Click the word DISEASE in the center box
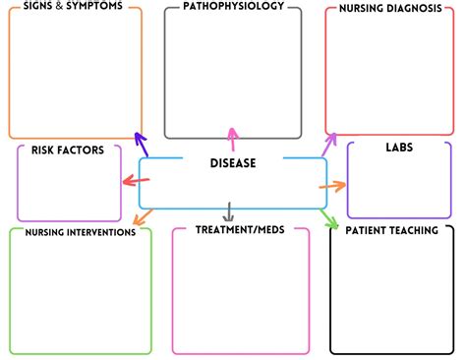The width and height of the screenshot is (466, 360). tap(233, 163)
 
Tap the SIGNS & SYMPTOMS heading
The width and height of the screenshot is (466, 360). tap(73, 6)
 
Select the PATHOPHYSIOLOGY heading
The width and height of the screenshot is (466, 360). tap(233, 6)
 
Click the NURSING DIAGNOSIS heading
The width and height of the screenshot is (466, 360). tap(390, 8)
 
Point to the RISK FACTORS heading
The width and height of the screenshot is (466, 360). tap(68, 150)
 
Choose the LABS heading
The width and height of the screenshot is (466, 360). tap(399, 148)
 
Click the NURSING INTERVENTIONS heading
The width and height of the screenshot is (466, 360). tap(81, 232)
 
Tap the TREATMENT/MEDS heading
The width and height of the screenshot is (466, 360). tap(240, 229)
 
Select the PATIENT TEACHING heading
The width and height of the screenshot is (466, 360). tap(391, 230)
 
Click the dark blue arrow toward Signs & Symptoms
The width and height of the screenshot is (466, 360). tap(142, 145)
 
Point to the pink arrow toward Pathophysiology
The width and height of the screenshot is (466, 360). tap(232, 140)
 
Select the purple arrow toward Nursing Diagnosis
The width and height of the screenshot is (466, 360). tap(329, 145)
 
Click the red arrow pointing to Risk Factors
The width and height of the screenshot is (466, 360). tap(136, 180)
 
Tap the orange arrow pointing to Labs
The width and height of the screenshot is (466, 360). tap(332, 186)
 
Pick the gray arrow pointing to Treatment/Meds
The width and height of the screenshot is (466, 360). tap(228, 212)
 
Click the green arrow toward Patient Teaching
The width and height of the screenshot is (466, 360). tap(329, 218)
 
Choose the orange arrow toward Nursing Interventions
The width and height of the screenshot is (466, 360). tap(144, 217)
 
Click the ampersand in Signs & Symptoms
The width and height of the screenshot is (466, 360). tap(59, 6)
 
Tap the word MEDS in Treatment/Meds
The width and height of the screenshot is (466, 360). tap(271, 229)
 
